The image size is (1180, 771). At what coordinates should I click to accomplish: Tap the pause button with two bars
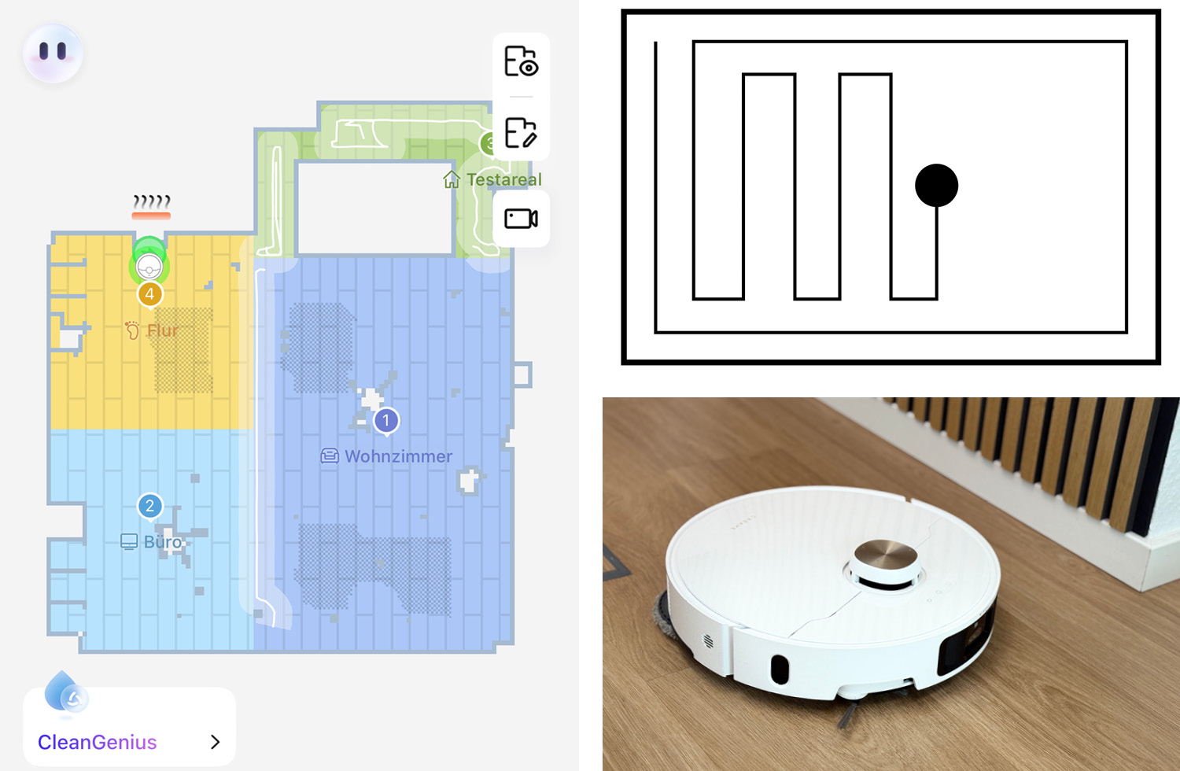[x=53, y=52]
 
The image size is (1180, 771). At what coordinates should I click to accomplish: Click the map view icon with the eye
[x=521, y=61]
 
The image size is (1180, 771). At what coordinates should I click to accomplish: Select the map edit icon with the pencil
[x=521, y=133]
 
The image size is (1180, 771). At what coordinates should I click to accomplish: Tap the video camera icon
[x=521, y=218]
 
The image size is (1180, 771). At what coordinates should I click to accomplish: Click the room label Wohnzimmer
[x=398, y=456]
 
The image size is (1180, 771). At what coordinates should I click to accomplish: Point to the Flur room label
[x=163, y=330]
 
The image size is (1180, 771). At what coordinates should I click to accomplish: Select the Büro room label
[x=162, y=542]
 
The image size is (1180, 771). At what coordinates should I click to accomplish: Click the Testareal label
[x=504, y=179]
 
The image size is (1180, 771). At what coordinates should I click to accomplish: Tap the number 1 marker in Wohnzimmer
[x=387, y=421]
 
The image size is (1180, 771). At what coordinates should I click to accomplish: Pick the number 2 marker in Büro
[x=150, y=507]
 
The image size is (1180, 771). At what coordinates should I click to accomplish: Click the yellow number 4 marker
[x=150, y=294]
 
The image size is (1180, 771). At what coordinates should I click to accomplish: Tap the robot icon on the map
[x=149, y=267]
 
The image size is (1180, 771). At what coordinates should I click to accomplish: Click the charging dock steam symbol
[x=151, y=207]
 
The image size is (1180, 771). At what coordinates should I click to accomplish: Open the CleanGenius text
[x=97, y=742]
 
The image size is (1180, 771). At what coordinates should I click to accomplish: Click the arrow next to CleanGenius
[x=215, y=742]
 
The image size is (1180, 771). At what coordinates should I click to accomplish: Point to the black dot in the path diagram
[x=937, y=186]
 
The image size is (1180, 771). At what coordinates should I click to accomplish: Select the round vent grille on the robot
[x=708, y=641]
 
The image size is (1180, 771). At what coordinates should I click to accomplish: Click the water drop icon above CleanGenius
[x=65, y=692]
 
